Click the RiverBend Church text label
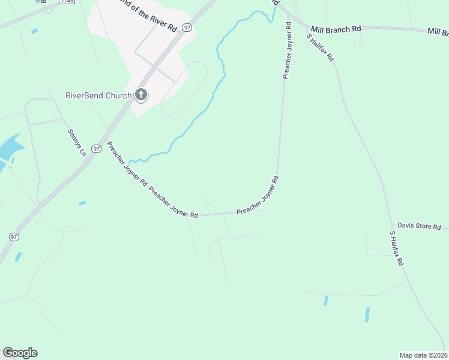tap(98, 95)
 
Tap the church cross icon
tap(141, 94)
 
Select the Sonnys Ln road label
tap(77, 142)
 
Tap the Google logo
tap(20, 353)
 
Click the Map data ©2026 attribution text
tap(423, 355)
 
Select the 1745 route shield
tap(67, 2)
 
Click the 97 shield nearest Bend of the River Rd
tap(188, 28)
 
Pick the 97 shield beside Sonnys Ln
tap(96, 148)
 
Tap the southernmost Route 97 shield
tap(14, 237)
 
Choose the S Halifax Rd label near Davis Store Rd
tap(397, 248)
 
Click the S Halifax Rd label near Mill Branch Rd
tap(321, 47)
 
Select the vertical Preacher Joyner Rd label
tap(287, 51)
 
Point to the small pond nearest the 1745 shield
tap(34, 31)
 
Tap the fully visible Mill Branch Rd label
tap(336, 28)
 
